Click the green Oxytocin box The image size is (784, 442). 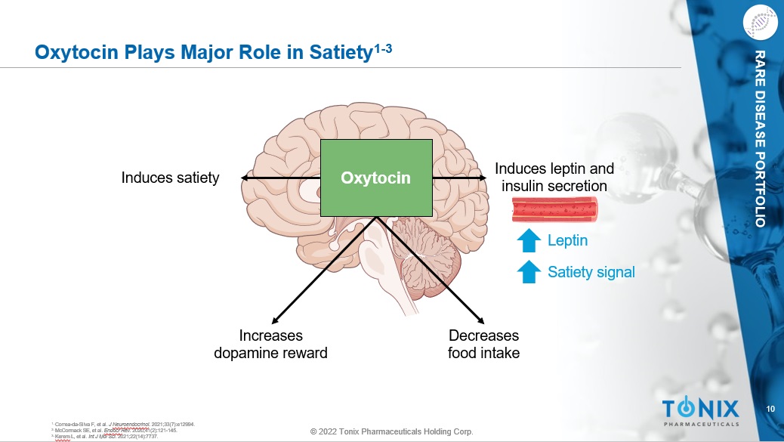click(376, 178)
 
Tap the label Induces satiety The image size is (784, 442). click(170, 178)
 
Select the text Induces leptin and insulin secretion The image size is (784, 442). click(554, 177)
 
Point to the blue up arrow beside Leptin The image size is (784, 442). click(529, 241)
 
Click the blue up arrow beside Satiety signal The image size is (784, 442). click(529, 271)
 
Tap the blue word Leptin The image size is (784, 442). click(567, 241)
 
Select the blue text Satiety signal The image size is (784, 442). click(591, 271)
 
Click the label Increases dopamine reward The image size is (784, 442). click(270, 344)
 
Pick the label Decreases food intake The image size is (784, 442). click(483, 344)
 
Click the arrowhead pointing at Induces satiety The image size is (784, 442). click(245, 178)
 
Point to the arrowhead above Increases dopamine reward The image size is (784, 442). click(275, 320)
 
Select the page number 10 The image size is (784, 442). click(770, 409)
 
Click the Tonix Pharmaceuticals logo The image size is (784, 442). click(700, 413)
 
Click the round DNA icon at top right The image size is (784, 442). click(761, 23)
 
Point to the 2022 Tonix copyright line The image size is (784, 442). click(392, 431)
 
